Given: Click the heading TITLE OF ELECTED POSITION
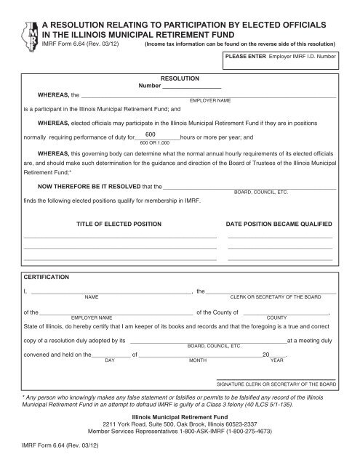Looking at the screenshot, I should [x=119, y=225].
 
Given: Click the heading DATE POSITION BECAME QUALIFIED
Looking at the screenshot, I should [x=279, y=225].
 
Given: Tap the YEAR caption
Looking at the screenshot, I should [x=277, y=360].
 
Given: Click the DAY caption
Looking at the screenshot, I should [x=110, y=360].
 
